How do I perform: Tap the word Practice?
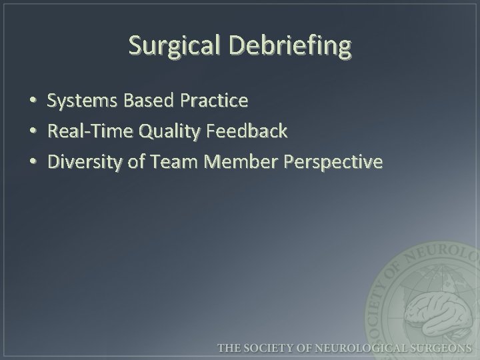[x=213, y=101]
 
